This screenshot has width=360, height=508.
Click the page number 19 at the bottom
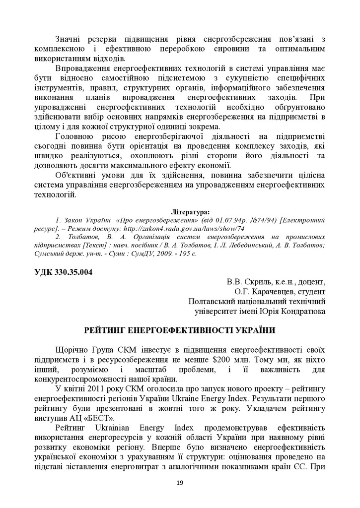click(x=180, y=482)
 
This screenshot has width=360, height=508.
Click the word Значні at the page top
click(x=70, y=39)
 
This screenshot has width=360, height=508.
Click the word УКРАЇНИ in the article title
click(x=251, y=330)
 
